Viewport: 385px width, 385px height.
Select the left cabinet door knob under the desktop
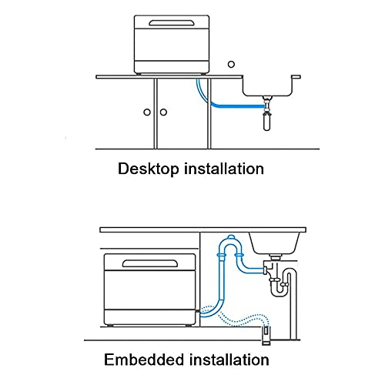[147, 112]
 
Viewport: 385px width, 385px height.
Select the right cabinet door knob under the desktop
[164, 112]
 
